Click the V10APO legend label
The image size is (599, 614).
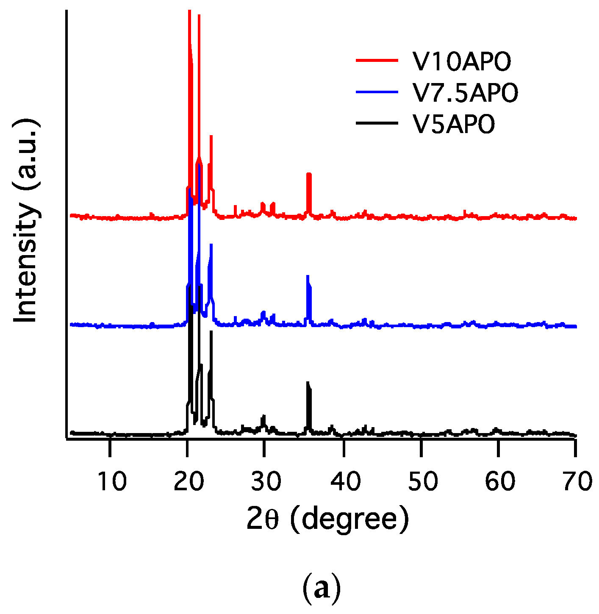(x=462, y=62)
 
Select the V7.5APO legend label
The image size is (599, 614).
(x=465, y=93)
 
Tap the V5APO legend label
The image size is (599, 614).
(x=454, y=124)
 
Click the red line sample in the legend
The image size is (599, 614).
(x=377, y=61)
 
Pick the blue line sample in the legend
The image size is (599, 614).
(x=377, y=92)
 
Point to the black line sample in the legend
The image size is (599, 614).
(x=377, y=123)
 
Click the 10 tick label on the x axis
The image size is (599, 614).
(x=111, y=481)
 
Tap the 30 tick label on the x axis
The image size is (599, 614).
(x=266, y=481)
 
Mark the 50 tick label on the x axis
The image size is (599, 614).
(x=422, y=481)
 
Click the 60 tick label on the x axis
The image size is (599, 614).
(x=500, y=481)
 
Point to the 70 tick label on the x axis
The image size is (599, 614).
(x=577, y=481)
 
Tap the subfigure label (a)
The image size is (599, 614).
(x=322, y=588)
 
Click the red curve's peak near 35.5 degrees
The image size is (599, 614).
(x=309, y=175)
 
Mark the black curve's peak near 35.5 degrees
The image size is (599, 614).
(x=308, y=383)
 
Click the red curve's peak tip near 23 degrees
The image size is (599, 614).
(x=211, y=136)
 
